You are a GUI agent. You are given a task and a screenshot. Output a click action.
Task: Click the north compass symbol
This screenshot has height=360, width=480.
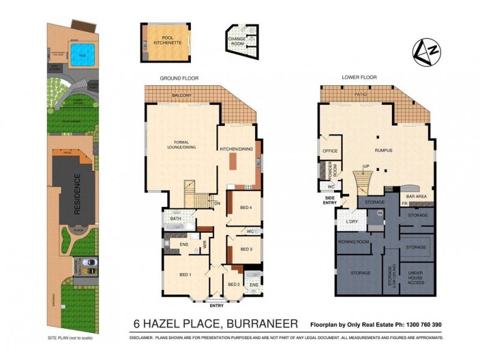(x=425, y=52)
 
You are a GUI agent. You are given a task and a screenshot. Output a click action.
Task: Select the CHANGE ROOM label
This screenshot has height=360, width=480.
(x=236, y=41)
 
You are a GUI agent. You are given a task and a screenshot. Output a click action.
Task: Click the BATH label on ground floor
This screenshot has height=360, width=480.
(x=175, y=219)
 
